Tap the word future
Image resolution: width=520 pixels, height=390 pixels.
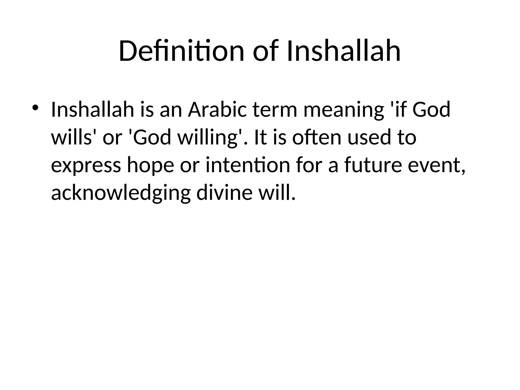pos(373,165)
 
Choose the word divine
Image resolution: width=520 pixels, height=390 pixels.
pos(224,192)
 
